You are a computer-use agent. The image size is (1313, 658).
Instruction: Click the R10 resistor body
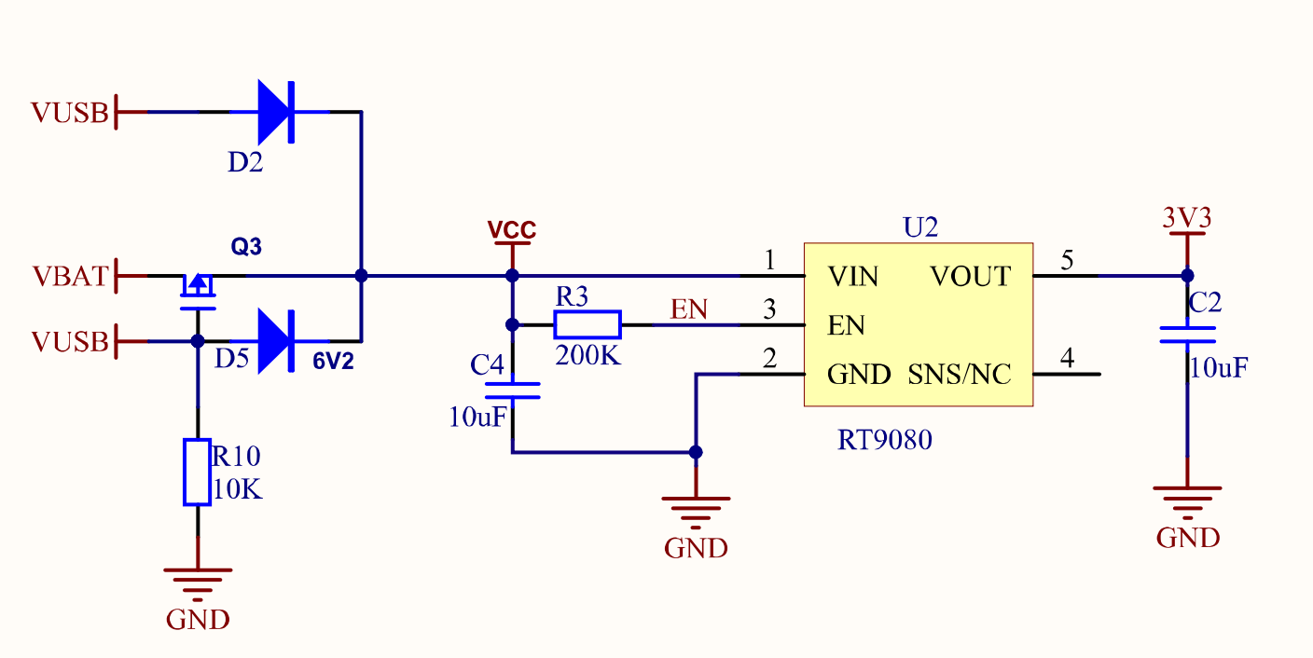[197, 471]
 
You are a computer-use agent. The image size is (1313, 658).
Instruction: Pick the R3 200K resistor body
[587, 324]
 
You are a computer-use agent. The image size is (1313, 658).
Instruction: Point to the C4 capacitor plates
[512, 390]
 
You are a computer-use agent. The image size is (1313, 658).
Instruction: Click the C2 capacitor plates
[1187, 335]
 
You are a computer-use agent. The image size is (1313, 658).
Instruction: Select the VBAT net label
[70, 276]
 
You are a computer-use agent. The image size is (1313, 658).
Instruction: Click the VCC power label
[512, 229]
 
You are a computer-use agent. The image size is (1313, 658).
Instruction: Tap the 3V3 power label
[1187, 218]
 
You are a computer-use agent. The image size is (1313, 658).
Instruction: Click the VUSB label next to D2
[70, 113]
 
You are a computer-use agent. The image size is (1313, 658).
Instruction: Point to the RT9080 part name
[884, 439]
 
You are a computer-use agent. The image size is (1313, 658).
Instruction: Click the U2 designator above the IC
[920, 227]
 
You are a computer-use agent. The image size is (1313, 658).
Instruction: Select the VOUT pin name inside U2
[970, 277]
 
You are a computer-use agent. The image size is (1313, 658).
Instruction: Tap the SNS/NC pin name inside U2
[960, 375]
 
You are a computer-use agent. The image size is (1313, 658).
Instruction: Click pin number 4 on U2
[1067, 357]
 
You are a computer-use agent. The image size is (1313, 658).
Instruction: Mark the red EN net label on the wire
[689, 309]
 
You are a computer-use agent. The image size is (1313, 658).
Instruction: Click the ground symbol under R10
[197, 581]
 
